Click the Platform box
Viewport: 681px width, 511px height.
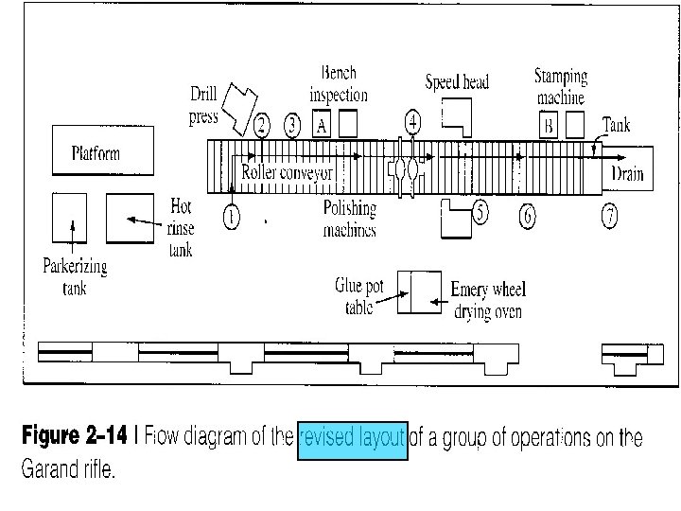(x=96, y=152)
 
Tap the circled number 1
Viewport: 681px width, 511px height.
(x=233, y=217)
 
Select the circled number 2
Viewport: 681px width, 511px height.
(x=262, y=125)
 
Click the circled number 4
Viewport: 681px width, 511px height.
(x=413, y=120)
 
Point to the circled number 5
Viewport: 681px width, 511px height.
(x=480, y=212)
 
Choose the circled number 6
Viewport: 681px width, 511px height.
(x=527, y=217)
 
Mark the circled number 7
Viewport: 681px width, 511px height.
(x=610, y=217)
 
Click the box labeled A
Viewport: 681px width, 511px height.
(x=322, y=124)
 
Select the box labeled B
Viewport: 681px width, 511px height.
(x=548, y=124)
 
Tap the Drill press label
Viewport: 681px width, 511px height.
(x=203, y=105)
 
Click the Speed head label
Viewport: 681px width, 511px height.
(x=457, y=82)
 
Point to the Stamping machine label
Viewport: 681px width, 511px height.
(x=561, y=86)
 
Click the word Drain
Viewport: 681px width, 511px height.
(x=627, y=173)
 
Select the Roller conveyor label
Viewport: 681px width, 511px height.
(x=288, y=173)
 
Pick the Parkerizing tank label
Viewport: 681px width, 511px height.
(x=75, y=275)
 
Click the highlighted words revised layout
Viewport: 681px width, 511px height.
(x=352, y=439)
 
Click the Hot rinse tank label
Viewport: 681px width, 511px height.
(x=181, y=228)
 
